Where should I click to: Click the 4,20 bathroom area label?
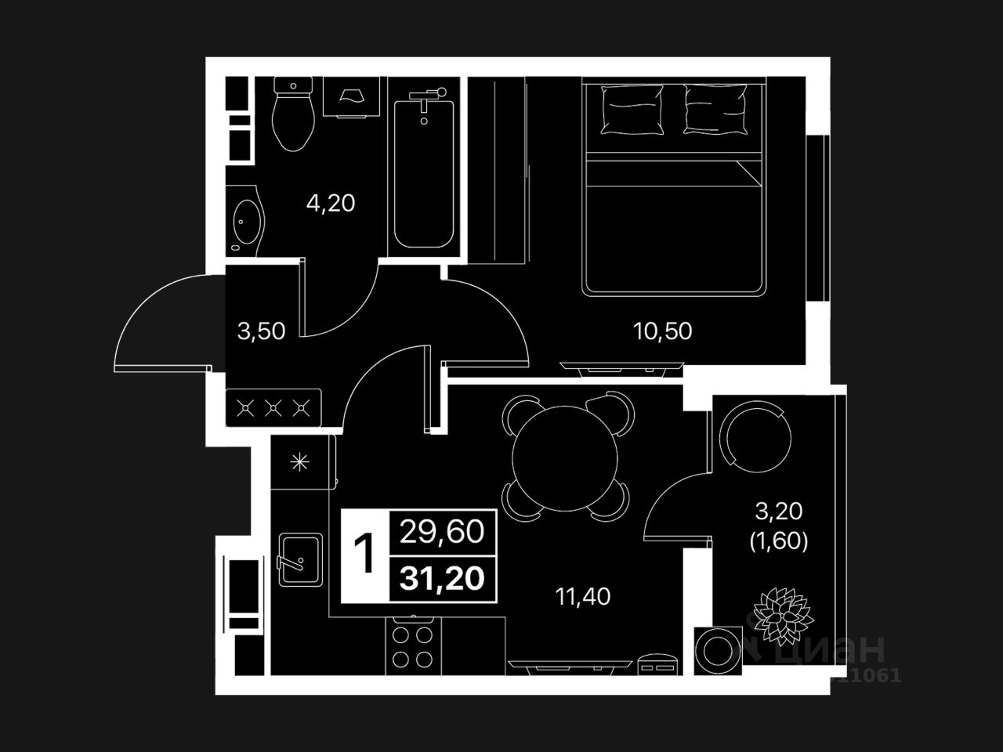point(330,204)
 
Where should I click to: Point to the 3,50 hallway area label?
point(261,331)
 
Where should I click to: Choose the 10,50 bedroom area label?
point(662,331)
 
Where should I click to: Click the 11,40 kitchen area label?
point(583,597)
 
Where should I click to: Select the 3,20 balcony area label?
point(778,512)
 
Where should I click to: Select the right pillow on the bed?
point(715,110)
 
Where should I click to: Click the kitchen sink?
point(300,559)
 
